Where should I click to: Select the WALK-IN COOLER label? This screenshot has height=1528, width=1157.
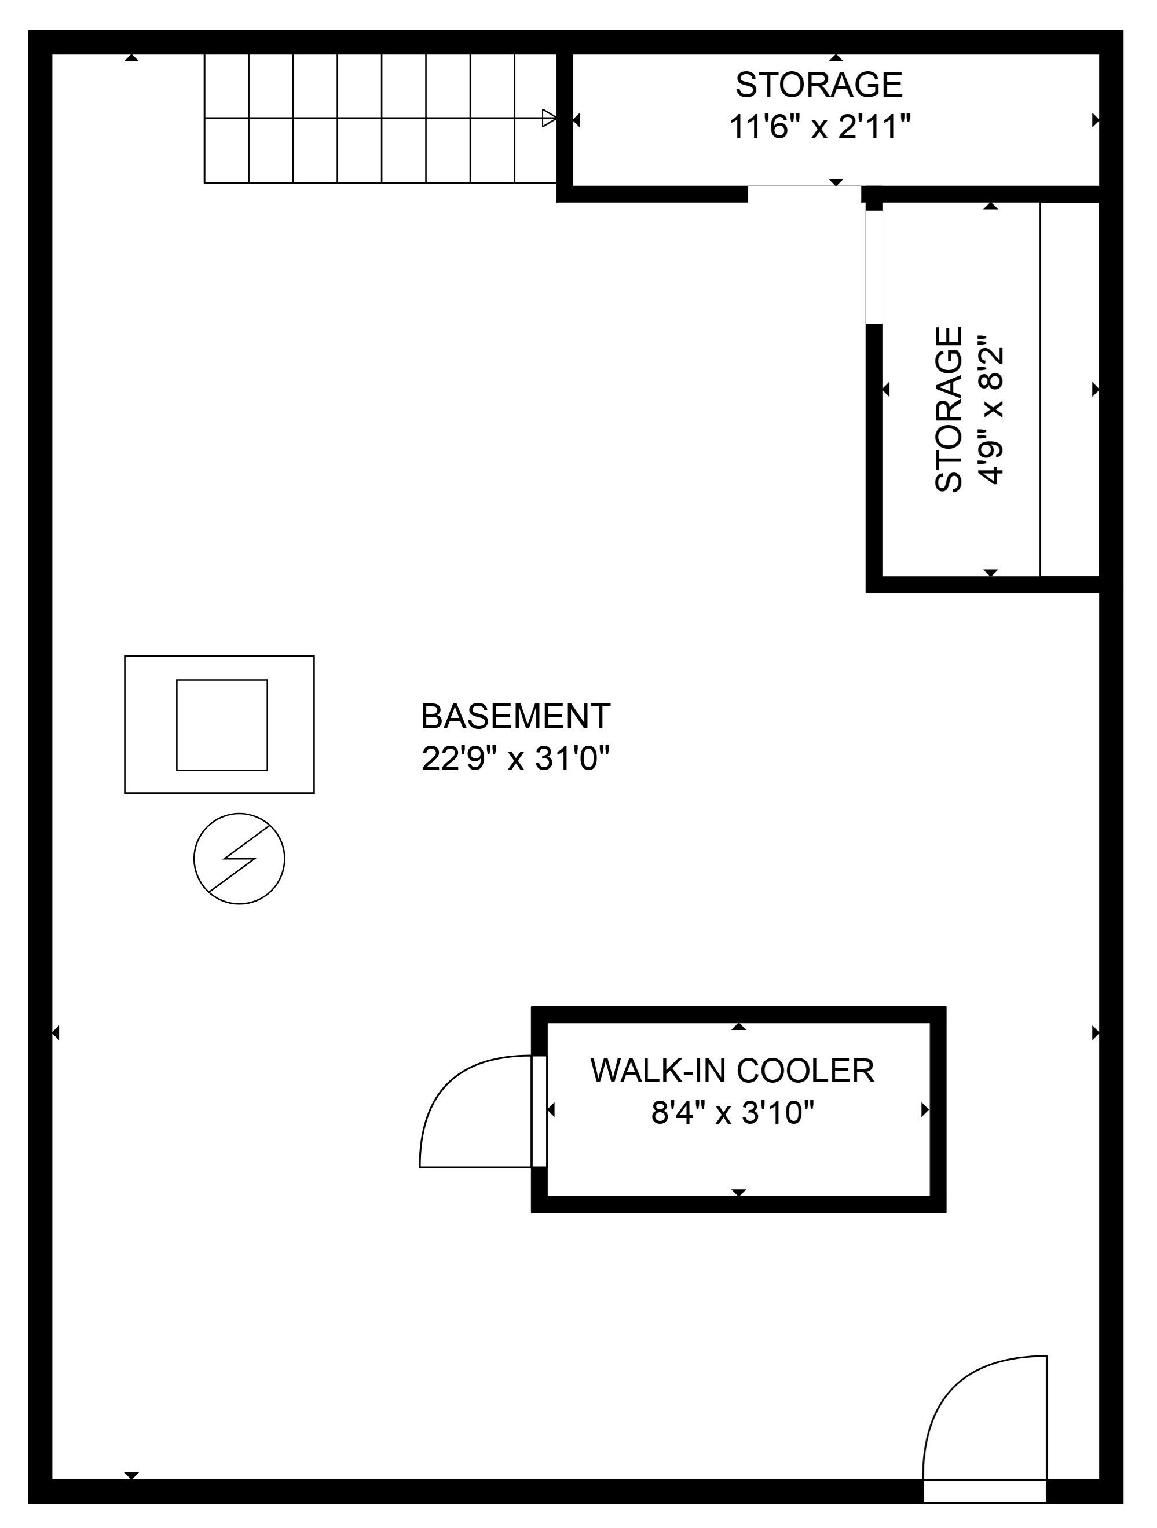click(732, 1071)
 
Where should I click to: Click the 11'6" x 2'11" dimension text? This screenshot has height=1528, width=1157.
click(820, 127)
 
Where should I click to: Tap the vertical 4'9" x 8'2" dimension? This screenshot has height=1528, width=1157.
click(989, 409)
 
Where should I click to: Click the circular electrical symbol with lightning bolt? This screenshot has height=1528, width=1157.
click(239, 859)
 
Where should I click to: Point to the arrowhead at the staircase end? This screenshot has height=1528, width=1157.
click(550, 118)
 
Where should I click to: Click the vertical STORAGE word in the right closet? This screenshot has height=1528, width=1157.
click(949, 409)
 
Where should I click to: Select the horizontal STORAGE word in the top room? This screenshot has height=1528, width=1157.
click(819, 85)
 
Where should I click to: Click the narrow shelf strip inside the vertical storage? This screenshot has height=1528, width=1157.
click(1070, 390)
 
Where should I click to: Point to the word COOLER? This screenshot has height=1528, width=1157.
click(805, 1071)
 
